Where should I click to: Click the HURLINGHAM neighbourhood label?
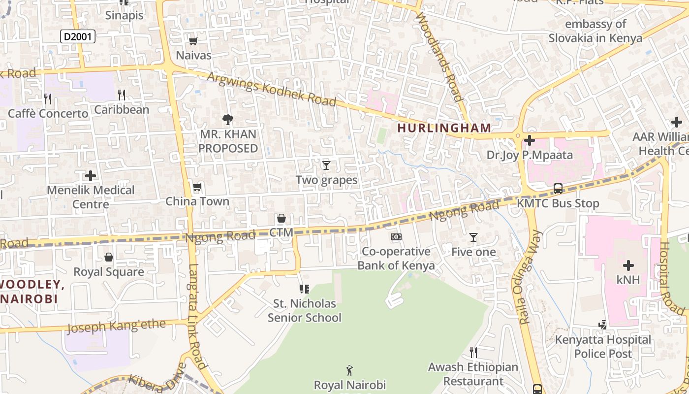(x=444, y=128)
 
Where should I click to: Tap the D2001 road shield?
(x=77, y=36)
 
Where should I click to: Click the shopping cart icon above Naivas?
(x=193, y=41)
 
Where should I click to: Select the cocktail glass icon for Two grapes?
(x=326, y=165)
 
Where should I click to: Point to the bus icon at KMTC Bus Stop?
(x=558, y=188)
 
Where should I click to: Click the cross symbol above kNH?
(x=628, y=265)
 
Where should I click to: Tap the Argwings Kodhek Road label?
(x=271, y=89)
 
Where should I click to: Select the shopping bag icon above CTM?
(x=281, y=218)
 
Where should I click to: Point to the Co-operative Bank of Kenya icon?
(x=396, y=237)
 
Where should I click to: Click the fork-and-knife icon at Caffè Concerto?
(x=48, y=99)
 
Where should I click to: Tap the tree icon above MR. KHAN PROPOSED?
(x=227, y=119)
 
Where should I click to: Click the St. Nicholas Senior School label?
(x=304, y=310)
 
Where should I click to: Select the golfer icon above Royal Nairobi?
(x=349, y=370)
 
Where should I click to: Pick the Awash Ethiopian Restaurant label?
(x=473, y=374)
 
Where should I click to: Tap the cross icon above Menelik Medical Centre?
(x=91, y=175)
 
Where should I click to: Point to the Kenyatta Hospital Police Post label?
(x=603, y=347)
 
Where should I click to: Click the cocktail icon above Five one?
(x=473, y=237)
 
